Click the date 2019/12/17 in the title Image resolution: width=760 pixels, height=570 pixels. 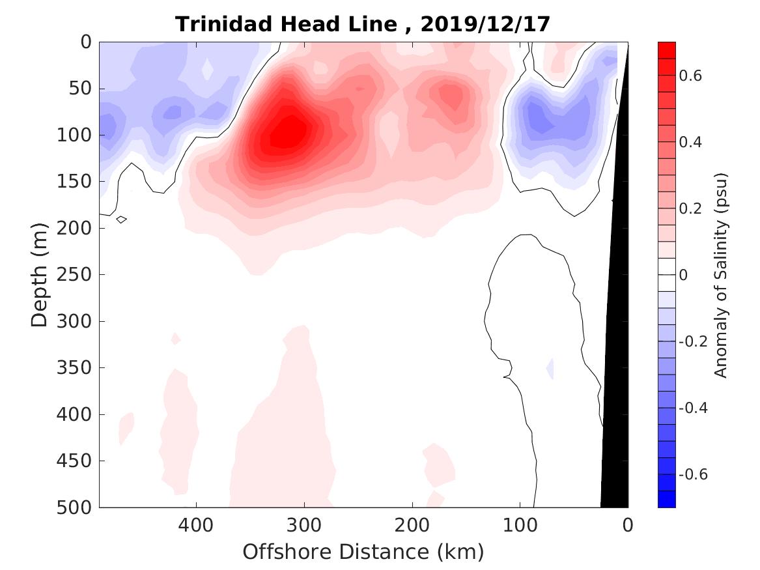pyautogui.click(x=485, y=24)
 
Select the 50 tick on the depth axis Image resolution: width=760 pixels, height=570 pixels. pyautogui.click(x=82, y=89)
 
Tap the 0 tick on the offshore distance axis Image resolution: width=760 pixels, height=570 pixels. pyautogui.click(x=628, y=524)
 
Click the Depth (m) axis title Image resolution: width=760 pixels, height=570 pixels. pyautogui.click(x=40, y=274)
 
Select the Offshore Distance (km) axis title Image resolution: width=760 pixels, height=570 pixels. pyautogui.click(x=363, y=552)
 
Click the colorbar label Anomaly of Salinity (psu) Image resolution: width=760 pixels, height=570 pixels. pyautogui.click(x=720, y=275)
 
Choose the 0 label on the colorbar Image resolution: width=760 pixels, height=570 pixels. pyautogui.click(x=683, y=275)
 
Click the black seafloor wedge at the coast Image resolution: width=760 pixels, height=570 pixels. pyautogui.click(x=615, y=391)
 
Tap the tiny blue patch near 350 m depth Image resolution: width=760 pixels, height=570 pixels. pyautogui.click(x=550, y=368)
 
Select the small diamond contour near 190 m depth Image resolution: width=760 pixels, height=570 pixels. pyautogui.click(x=121, y=220)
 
